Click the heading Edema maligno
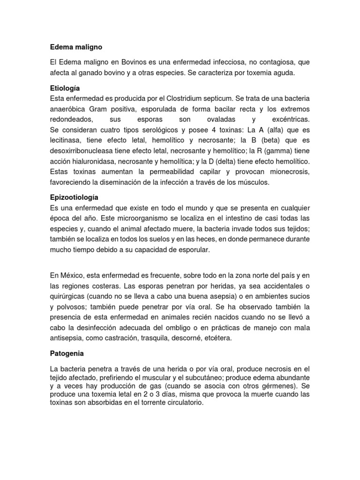pyautogui.click(x=75, y=47)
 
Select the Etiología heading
pyautogui.click(x=65, y=88)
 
